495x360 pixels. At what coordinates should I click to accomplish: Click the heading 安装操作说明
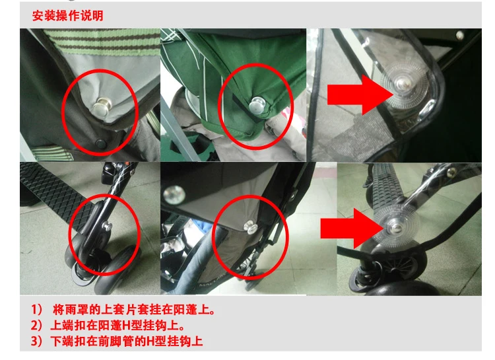click(x=67, y=15)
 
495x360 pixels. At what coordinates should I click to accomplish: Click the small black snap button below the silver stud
click(x=101, y=144)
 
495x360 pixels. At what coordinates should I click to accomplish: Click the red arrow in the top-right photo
click(x=360, y=94)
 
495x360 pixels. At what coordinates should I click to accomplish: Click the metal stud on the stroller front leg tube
click(x=107, y=227)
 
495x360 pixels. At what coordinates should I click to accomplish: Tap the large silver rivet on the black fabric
click(x=174, y=194)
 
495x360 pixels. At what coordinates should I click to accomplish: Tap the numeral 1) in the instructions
click(x=36, y=309)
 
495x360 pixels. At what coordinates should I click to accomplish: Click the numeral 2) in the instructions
click(x=36, y=325)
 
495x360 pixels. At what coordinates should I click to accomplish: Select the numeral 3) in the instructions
click(x=36, y=341)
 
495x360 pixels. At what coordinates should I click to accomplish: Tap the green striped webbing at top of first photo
click(x=102, y=40)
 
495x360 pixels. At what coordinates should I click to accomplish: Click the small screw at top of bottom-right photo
click(x=451, y=171)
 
